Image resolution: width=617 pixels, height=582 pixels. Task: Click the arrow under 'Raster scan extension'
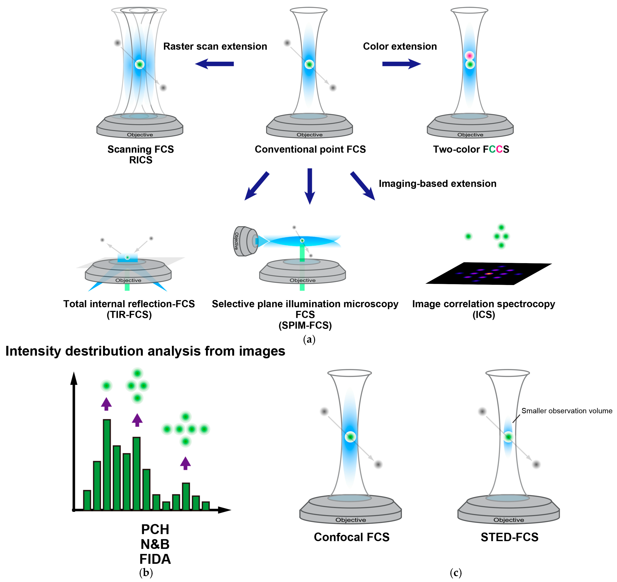coord(214,64)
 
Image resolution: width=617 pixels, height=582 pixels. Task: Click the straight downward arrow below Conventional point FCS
coord(310,186)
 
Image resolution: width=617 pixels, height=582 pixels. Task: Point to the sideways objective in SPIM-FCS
coord(245,241)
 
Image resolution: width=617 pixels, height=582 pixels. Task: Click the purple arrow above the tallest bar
coord(107,404)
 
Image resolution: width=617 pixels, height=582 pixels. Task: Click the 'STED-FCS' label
coord(509,537)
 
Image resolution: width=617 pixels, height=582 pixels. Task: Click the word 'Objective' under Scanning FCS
coord(140,135)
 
